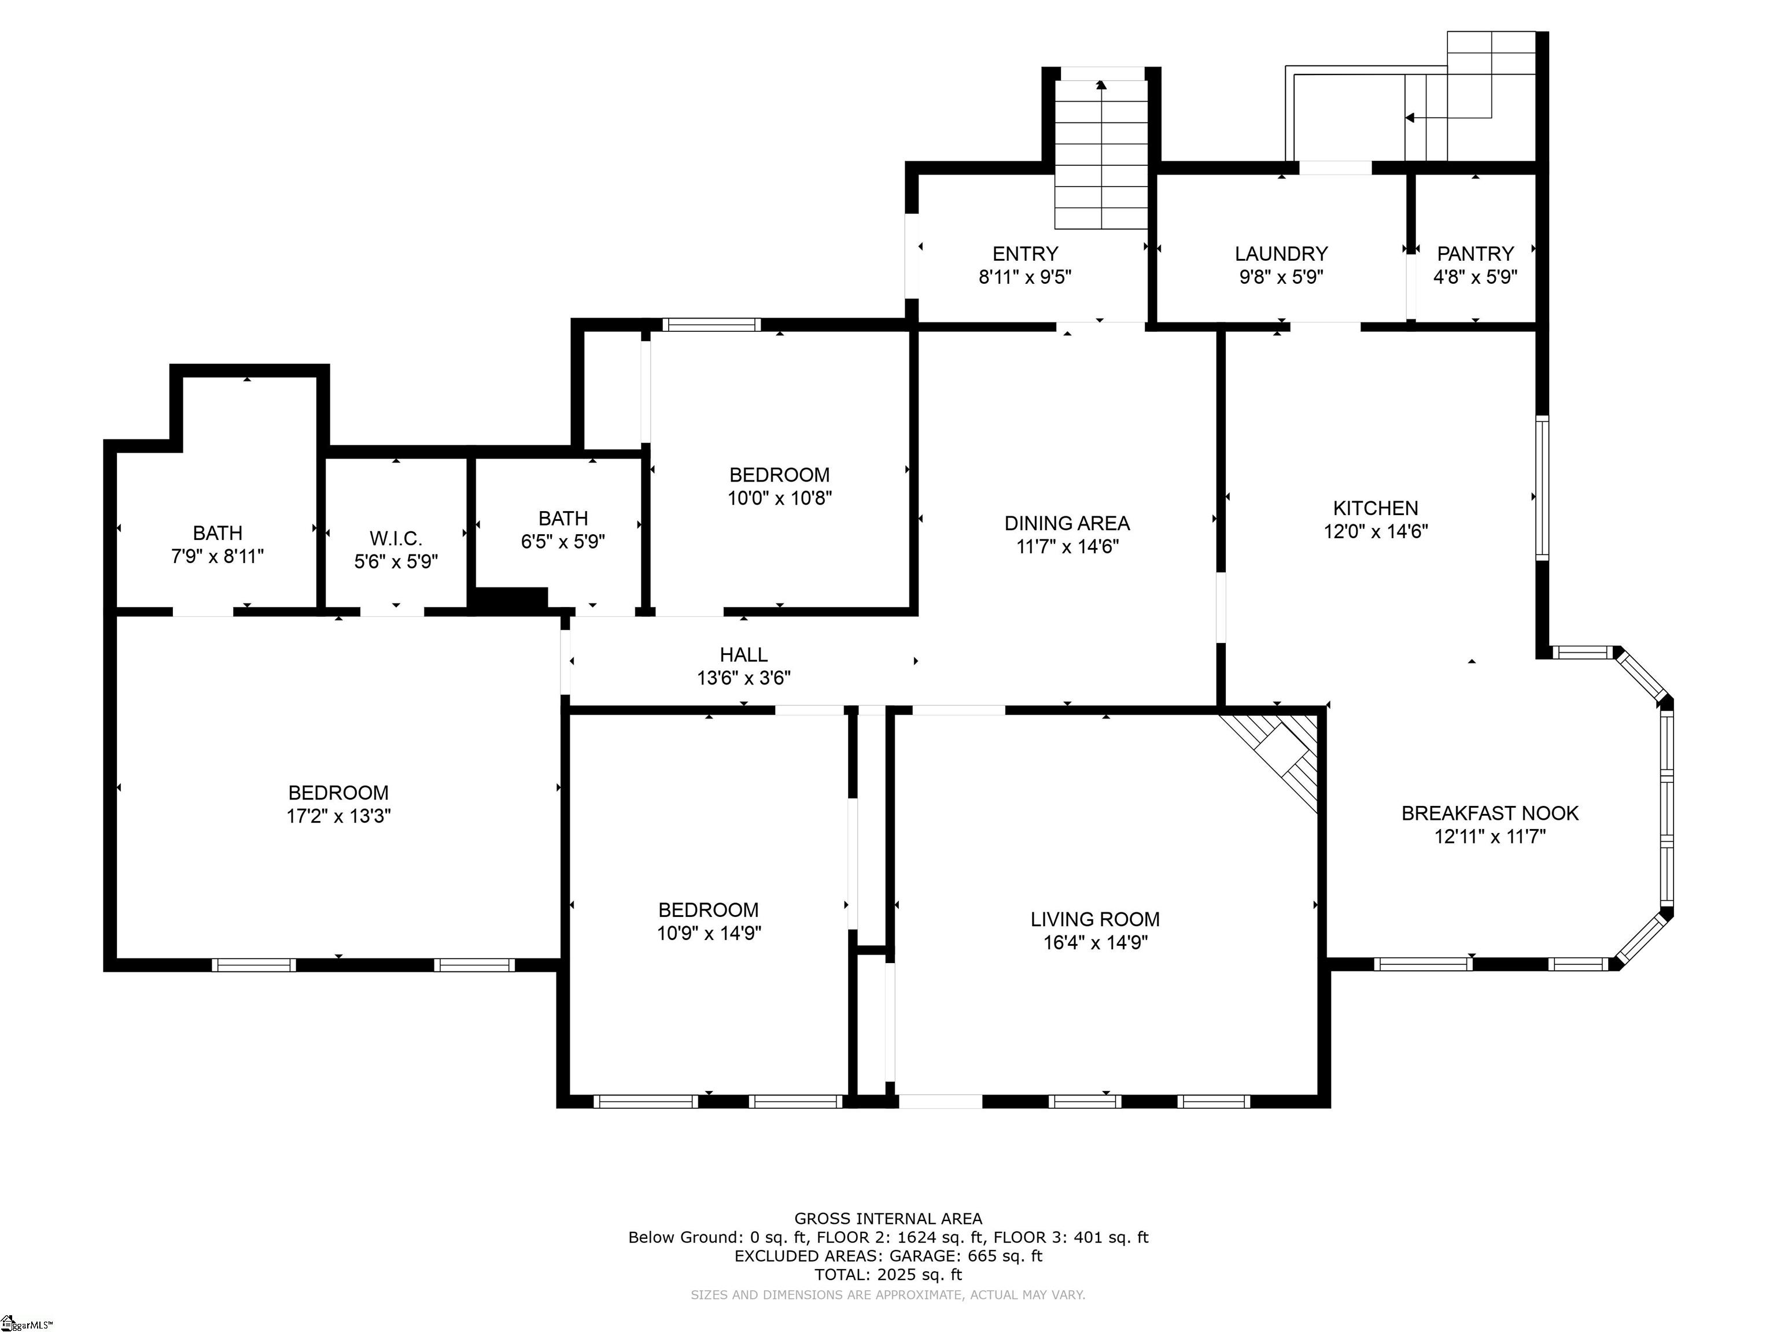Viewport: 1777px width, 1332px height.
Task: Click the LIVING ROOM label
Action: tap(1095, 919)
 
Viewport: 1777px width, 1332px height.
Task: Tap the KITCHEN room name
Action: tap(1376, 508)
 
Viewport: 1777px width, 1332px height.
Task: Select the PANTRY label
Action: tap(1475, 254)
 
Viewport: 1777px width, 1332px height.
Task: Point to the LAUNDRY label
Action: tap(1281, 254)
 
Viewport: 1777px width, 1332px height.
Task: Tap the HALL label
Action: tap(743, 654)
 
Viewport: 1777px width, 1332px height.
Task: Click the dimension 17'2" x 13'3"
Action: tap(338, 816)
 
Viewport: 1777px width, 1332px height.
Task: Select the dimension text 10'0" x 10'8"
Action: tap(779, 498)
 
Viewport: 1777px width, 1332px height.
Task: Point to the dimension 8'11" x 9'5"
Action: tap(1025, 277)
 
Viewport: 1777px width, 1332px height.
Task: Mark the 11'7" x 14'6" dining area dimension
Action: tap(1067, 547)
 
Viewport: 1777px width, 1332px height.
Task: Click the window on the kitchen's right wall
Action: tap(1542, 487)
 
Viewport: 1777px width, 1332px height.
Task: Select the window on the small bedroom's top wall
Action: tap(711, 324)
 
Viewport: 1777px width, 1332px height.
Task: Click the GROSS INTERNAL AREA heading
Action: tap(888, 1219)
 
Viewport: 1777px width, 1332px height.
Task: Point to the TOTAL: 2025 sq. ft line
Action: tap(888, 1274)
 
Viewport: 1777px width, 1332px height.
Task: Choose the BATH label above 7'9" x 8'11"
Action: tap(217, 532)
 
